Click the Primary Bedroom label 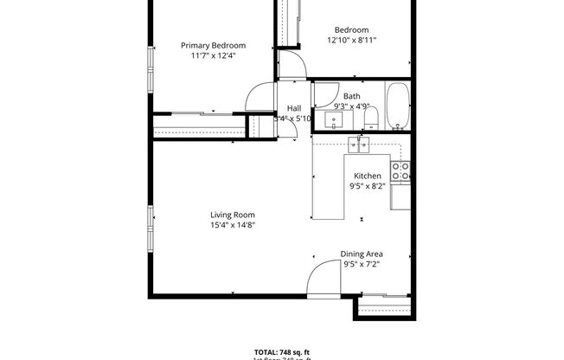pos(213,46)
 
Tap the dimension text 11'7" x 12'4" pos(213,55)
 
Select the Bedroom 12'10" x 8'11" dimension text pos(352,40)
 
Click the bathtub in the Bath pos(398,105)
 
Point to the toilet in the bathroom pos(369,116)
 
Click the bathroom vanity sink pos(334,118)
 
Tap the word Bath pos(352,96)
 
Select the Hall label pos(293,108)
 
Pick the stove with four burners pos(401,171)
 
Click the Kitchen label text pos(367,176)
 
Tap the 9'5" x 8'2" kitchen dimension pos(367,185)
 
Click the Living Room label pos(233,215)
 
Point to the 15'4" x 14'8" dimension pos(233,225)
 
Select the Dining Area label pos(362,254)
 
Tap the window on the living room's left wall pos(151,227)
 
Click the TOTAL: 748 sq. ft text pos(282,351)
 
